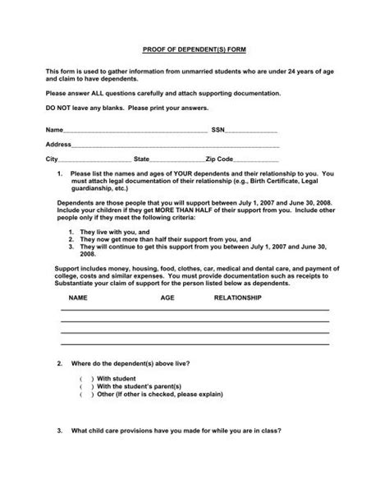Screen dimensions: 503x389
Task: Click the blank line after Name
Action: tap(135, 132)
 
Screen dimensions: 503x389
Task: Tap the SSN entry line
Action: tap(251, 132)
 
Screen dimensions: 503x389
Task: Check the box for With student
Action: tap(87, 378)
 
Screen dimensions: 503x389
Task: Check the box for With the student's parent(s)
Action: tap(87, 386)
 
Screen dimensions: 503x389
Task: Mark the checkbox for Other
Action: tap(87, 395)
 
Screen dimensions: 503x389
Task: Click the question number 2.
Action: tap(59, 362)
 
